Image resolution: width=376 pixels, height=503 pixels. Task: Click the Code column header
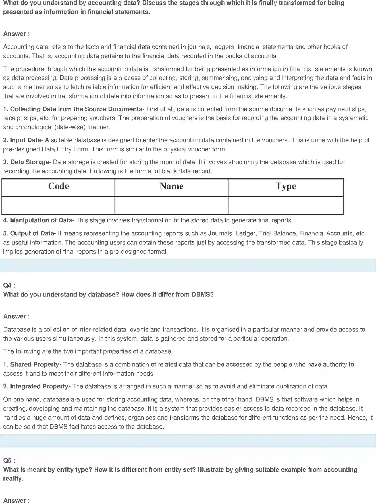[x=59, y=186]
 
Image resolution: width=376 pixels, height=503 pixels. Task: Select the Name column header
[x=171, y=186]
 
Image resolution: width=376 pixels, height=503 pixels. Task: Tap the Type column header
[x=286, y=186]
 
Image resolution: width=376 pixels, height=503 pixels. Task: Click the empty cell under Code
[x=59, y=205]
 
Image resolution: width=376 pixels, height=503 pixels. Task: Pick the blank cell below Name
[x=171, y=205]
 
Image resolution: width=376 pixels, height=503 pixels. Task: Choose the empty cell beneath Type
[x=286, y=205]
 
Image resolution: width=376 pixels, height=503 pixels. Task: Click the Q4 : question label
[x=9, y=285]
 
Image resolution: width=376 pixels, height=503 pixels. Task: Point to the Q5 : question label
[x=9, y=461]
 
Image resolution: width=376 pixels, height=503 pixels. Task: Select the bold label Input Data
[x=26, y=140]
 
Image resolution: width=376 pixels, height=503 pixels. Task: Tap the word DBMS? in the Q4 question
[x=202, y=295]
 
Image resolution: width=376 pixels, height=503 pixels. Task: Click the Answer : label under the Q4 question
[x=16, y=316]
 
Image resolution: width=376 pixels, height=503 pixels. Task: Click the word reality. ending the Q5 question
[x=13, y=479]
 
